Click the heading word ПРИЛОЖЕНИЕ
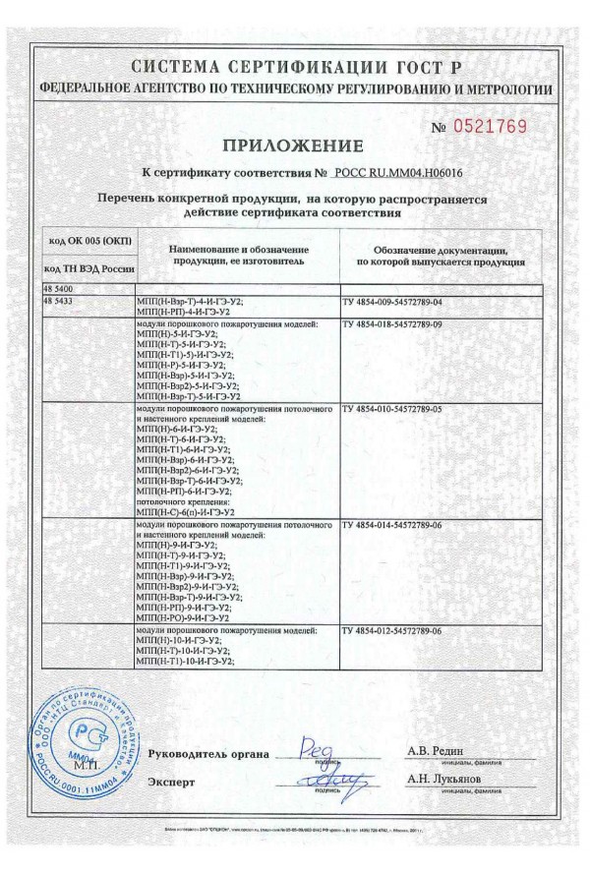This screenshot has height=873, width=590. click(293, 146)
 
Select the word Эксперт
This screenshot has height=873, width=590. click(171, 783)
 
